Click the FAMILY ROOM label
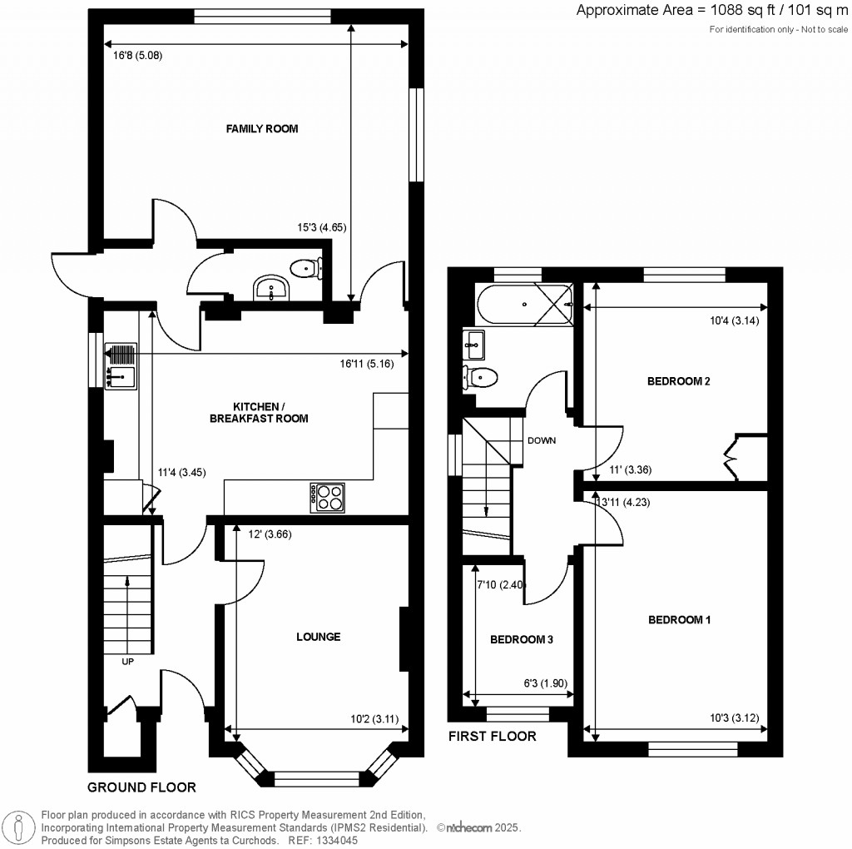(262, 129)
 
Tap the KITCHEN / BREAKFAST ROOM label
(258, 412)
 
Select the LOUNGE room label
(319, 637)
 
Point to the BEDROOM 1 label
(680, 620)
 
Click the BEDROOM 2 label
(678, 382)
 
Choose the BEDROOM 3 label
(522, 640)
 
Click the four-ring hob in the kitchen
(327, 497)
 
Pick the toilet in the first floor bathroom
(480, 377)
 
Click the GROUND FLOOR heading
(142, 787)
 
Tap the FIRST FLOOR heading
(493, 736)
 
